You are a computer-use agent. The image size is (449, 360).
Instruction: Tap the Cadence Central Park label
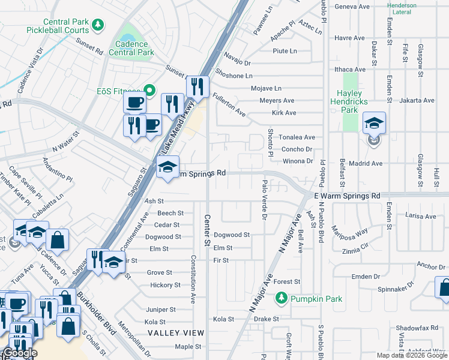pyautogui.click(x=131, y=49)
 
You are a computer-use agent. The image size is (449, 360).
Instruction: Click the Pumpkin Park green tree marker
pyautogui.click(x=280, y=298)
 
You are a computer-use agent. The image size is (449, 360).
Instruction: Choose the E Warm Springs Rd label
pyautogui.click(x=347, y=196)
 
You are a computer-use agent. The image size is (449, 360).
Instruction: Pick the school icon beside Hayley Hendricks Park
pyautogui.click(x=374, y=124)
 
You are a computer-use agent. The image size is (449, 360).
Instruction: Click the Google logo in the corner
pyautogui.click(x=19, y=353)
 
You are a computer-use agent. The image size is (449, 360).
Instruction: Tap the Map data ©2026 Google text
pyautogui.click(x=411, y=355)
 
